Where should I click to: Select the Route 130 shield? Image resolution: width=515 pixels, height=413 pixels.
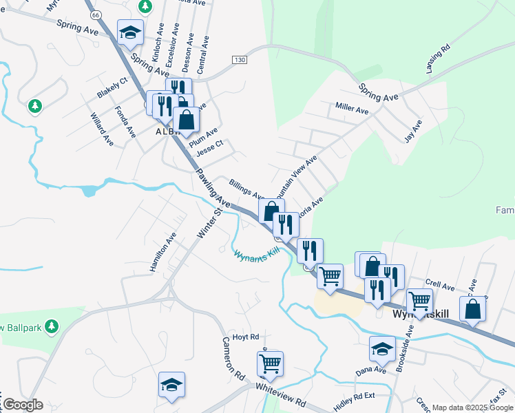pyautogui.click(x=239, y=60)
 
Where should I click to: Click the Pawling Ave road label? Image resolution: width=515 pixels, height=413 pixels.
pyautogui.click(x=212, y=188)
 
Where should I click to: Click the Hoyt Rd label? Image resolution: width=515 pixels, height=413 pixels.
pyautogui.click(x=245, y=337)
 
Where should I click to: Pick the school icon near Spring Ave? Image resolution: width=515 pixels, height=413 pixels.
pyautogui.click(x=130, y=32)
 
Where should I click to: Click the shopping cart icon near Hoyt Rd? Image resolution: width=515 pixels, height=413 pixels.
pyautogui.click(x=271, y=362)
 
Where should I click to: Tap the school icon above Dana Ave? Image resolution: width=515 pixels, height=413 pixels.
pyautogui.click(x=382, y=349)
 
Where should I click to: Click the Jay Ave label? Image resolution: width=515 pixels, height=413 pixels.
pyautogui.click(x=413, y=130)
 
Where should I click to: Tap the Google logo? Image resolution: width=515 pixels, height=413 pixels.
pyautogui.click(x=23, y=405)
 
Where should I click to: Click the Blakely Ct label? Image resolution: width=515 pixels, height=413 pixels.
pyautogui.click(x=112, y=88)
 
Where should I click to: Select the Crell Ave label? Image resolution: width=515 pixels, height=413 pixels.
pyautogui.click(x=440, y=284)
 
